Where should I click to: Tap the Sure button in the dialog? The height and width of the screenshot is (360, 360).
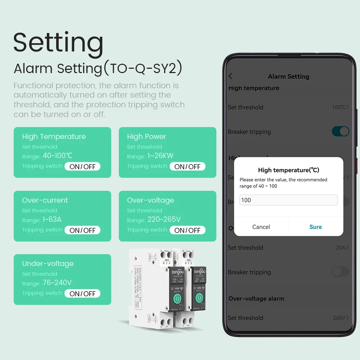tap(315, 227)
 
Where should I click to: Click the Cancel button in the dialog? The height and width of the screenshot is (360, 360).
tap(261, 227)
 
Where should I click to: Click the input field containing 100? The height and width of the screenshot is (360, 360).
tap(288, 200)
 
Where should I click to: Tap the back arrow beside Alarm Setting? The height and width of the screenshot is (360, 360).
tap(231, 76)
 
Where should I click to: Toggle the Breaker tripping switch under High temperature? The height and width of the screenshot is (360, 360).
tap(340, 131)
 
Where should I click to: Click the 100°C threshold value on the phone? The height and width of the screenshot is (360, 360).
tap(340, 107)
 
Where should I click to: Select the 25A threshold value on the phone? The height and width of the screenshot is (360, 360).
tap(342, 248)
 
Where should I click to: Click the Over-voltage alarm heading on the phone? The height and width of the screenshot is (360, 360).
tap(256, 298)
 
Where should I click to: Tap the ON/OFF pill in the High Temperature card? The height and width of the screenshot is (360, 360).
tap(82, 166)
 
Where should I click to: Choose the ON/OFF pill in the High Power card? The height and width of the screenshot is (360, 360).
tap(187, 166)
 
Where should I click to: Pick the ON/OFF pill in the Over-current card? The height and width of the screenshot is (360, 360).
tap(82, 230)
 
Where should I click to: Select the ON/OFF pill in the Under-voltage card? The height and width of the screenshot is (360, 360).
tap(82, 293)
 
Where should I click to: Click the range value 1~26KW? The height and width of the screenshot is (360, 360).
tap(160, 156)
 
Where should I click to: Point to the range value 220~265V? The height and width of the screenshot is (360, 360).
tap(164, 219)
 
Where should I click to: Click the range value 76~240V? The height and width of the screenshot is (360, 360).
tap(57, 283)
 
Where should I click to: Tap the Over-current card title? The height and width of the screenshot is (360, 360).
tap(45, 200)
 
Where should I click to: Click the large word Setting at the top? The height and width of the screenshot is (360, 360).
tap(58, 42)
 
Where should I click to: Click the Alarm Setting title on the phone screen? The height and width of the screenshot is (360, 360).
tap(288, 76)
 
